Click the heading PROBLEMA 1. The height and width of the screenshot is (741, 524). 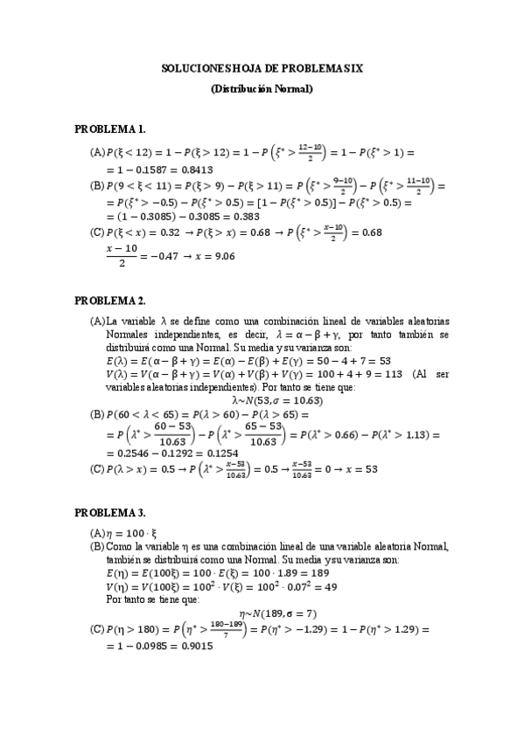coord(109,129)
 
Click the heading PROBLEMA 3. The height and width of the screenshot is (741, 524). coord(109,511)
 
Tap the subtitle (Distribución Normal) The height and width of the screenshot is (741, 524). coord(262,88)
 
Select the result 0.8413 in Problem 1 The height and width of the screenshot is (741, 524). coord(198,170)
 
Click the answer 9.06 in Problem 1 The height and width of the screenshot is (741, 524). coord(222,256)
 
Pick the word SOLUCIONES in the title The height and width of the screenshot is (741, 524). coord(194,66)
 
